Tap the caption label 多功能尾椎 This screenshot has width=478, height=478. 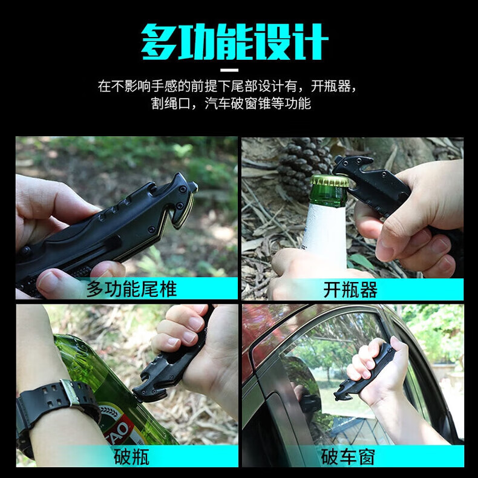pos(131,289)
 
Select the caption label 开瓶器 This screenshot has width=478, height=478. pos(350,290)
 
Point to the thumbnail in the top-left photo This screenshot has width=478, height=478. pos(48,281)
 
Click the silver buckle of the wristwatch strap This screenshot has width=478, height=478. pos(70,393)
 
